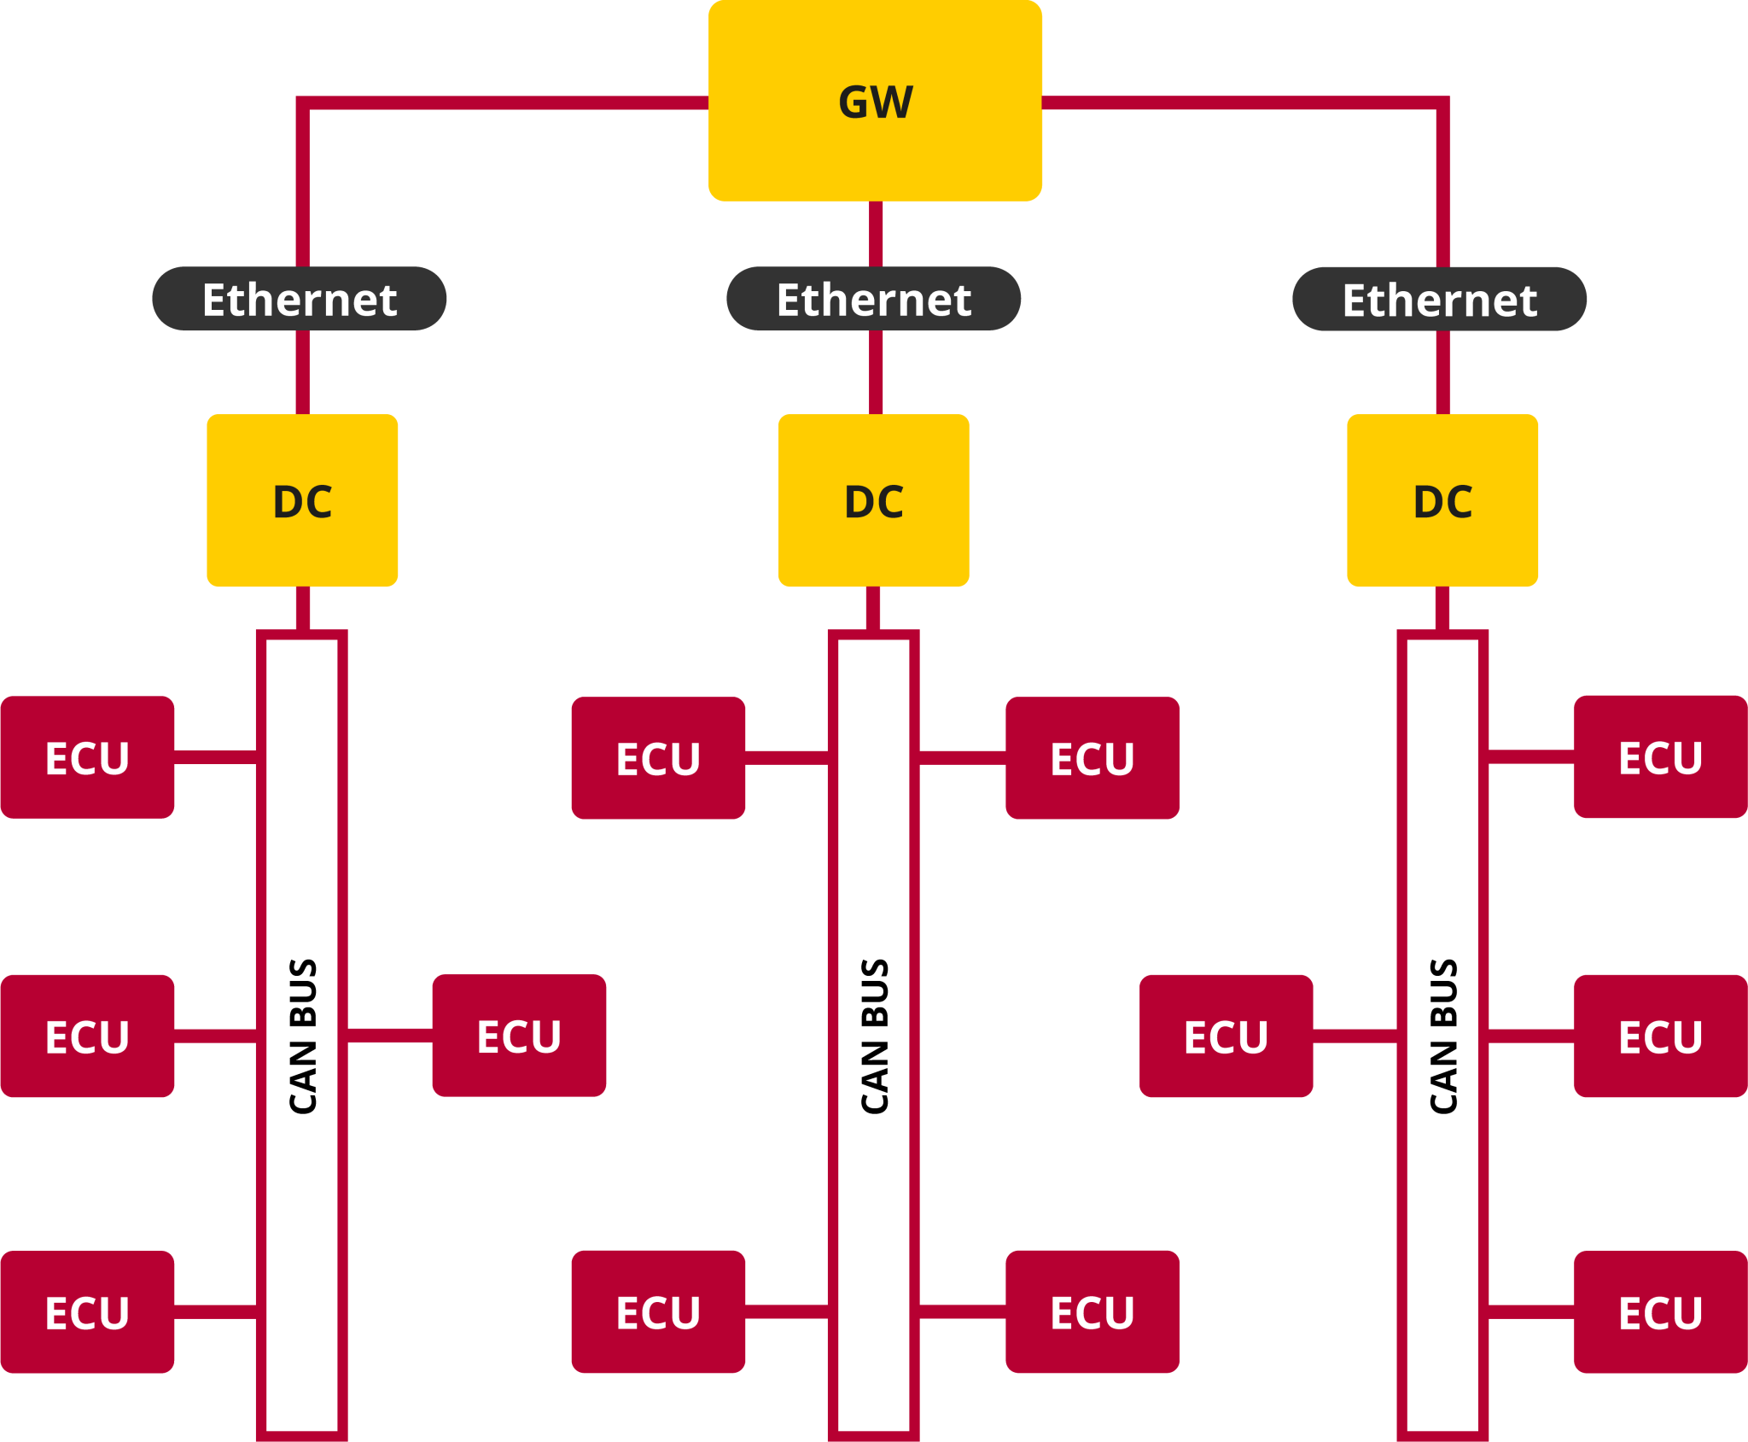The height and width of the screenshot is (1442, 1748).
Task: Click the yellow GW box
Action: [875, 101]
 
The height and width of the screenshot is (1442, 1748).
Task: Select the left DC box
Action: [302, 500]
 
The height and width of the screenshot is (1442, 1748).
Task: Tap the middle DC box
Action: [873, 500]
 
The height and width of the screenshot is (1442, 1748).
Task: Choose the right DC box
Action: [1442, 500]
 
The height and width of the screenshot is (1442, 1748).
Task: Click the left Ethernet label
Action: [299, 299]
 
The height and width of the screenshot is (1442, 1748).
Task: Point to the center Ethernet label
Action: [873, 299]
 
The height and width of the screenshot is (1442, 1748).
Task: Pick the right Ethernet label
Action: [1439, 299]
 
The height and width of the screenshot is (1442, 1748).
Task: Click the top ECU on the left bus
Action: [87, 757]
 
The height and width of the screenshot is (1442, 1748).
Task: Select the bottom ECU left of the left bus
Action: [87, 1312]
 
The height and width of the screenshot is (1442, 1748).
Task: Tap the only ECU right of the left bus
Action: [519, 1035]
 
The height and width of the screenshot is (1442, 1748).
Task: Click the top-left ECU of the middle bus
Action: [658, 757]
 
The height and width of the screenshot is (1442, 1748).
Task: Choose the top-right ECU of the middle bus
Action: [1092, 757]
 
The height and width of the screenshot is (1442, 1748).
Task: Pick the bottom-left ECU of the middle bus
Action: [658, 1311]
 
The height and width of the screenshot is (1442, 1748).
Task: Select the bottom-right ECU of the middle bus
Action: [1092, 1311]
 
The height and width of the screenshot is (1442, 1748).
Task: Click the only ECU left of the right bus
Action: [1226, 1036]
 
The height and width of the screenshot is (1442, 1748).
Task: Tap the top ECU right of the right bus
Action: [1660, 756]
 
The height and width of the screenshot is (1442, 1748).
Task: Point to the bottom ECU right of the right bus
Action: [1660, 1312]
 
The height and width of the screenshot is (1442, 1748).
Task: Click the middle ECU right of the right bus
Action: [1660, 1036]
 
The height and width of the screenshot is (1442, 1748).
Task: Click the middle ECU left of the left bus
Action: [87, 1036]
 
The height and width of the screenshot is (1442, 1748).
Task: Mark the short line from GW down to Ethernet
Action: [876, 234]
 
